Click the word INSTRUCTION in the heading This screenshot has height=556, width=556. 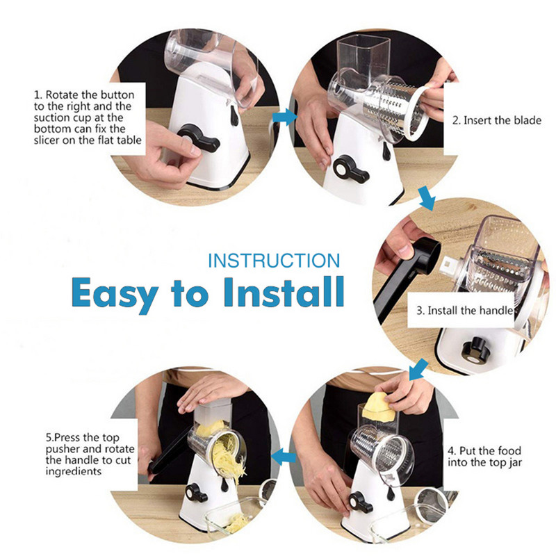(274, 261)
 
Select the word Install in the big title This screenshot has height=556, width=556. (284, 291)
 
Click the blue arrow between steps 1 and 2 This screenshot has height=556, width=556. (285, 117)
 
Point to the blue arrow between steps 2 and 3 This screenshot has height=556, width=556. (427, 199)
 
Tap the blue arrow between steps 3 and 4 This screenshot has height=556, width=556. (418, 369)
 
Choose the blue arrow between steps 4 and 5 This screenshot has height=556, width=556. (284, 457)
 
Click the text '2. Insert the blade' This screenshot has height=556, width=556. (497, 120)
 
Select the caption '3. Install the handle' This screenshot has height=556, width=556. (465, 311)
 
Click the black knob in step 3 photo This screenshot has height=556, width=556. (475, 350)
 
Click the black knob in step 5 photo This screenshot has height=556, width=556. (196, 493)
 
